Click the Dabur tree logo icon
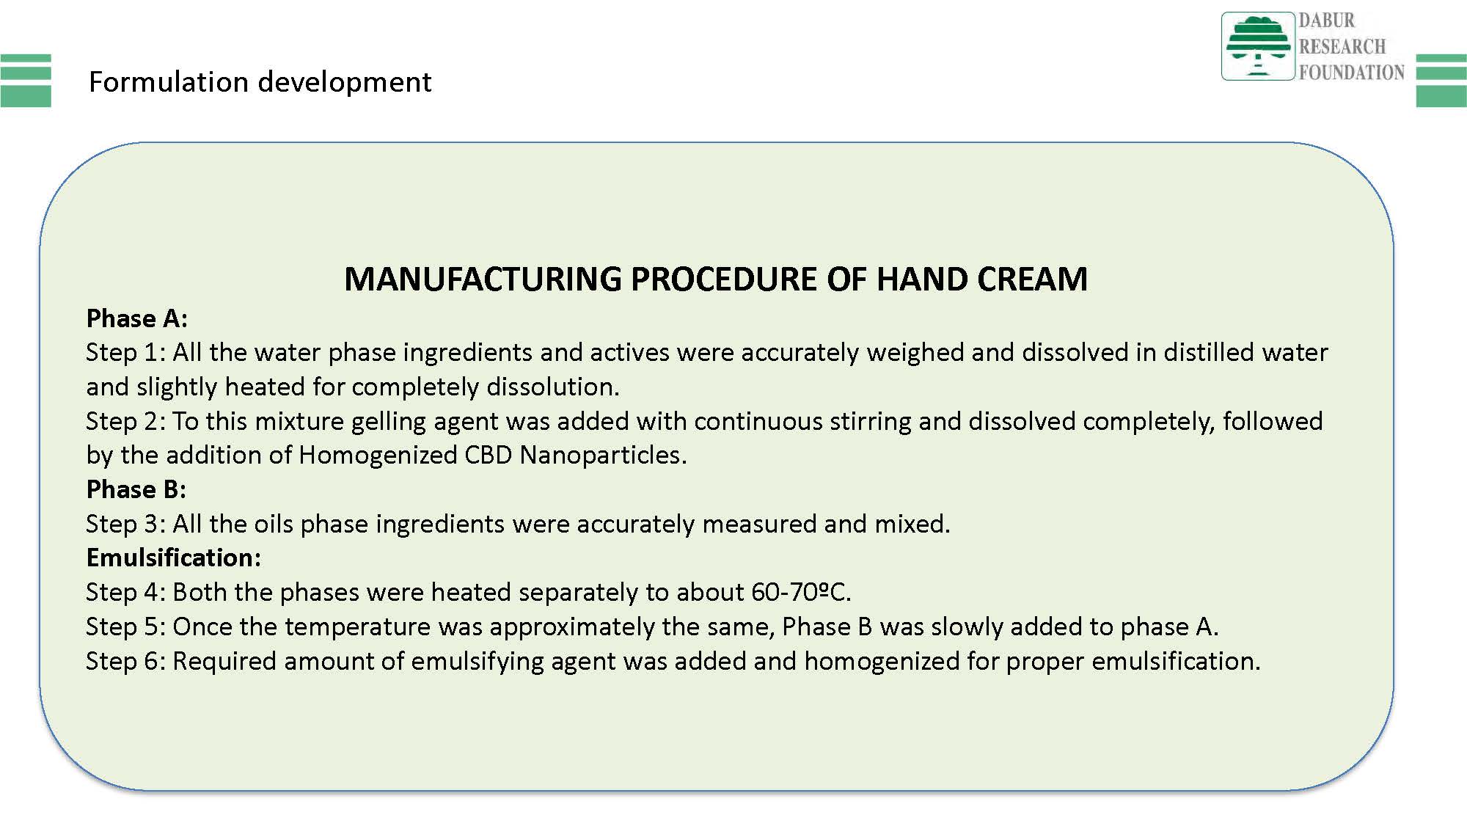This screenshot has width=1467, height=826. point(1257,45)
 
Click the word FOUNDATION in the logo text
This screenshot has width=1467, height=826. point(1352,72)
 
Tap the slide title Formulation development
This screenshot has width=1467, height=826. point(260,82)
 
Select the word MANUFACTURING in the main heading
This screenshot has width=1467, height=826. point(483,279)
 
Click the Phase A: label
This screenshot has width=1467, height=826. point(137,318)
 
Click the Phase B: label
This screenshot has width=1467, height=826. point(136,489)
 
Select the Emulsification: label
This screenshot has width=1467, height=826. point(174,558)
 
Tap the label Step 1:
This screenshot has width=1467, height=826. point(126,353)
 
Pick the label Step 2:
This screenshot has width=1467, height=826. point(126,421)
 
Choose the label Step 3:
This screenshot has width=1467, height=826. point(126,524)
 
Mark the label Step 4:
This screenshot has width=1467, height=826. point(126,592)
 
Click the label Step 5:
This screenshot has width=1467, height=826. point(126,626)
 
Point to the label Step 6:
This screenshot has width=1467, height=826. point(126,661)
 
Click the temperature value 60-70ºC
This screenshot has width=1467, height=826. point(801,592)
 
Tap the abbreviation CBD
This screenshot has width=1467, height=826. point(489,455)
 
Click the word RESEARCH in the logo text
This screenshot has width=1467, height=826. point(1342,46)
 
